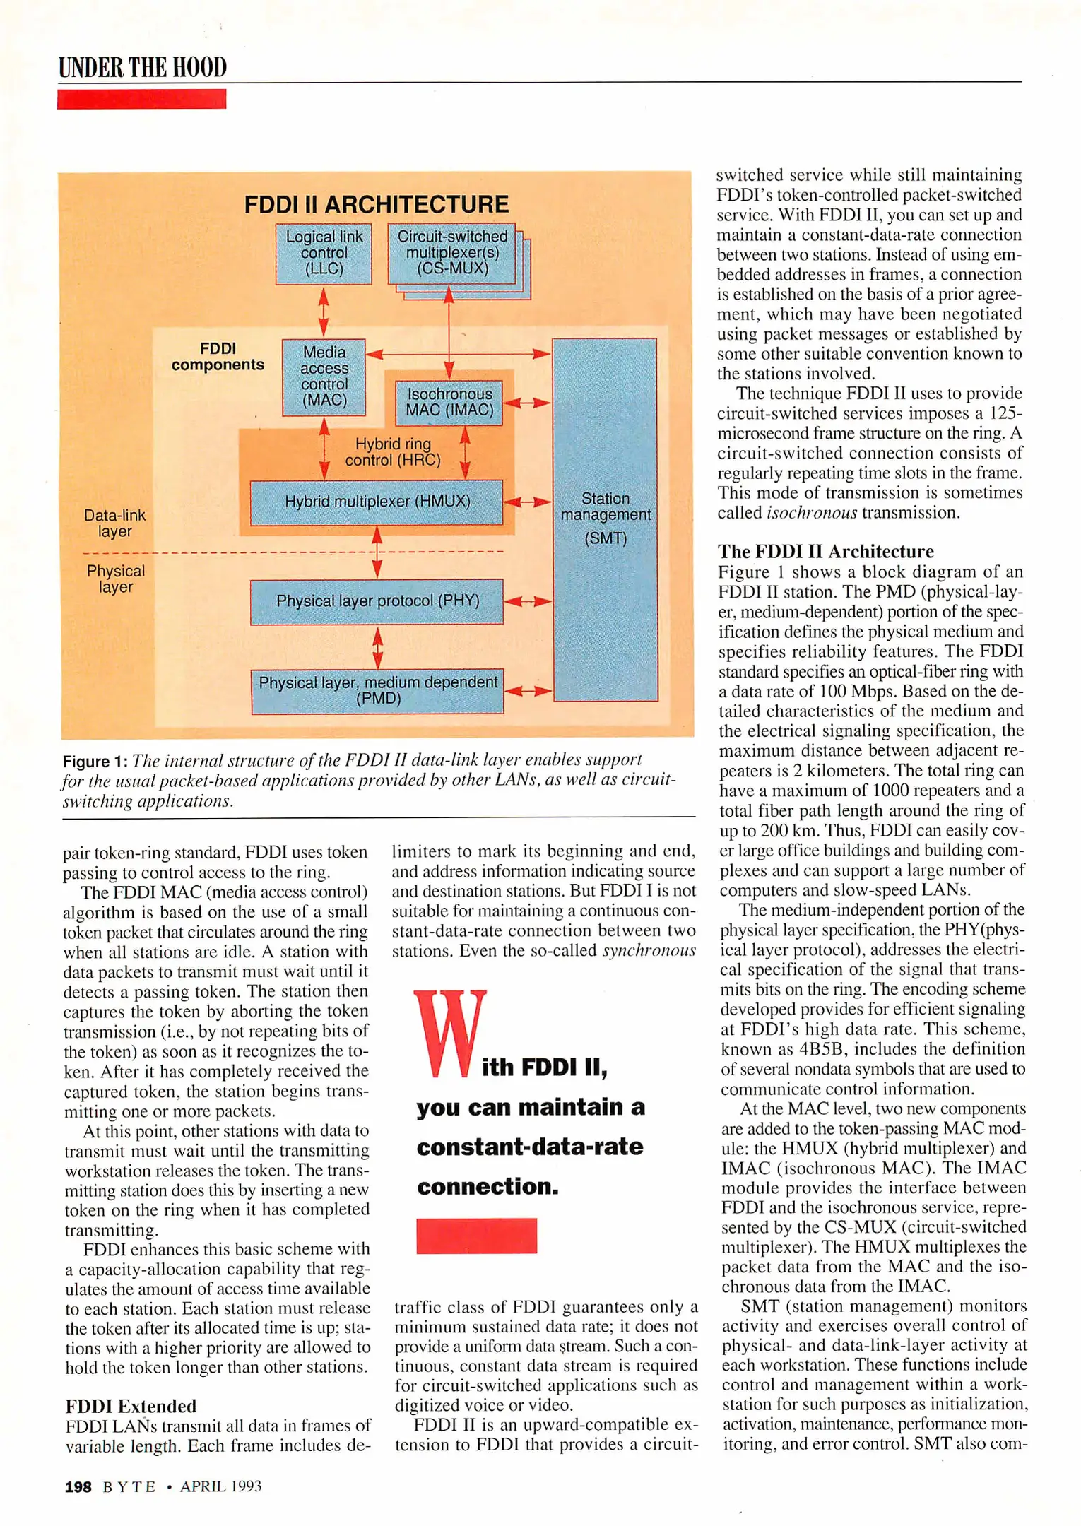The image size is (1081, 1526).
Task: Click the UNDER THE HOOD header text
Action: coord(142,67)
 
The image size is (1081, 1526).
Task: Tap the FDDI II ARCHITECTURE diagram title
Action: coord(376,204)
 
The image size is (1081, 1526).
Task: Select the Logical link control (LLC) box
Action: coord(324,253)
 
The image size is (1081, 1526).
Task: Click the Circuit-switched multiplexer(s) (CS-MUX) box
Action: coord(451,253)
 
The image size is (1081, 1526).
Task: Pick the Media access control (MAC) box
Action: coord(324,376)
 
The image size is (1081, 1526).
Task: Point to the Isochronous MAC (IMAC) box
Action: coord(449,403)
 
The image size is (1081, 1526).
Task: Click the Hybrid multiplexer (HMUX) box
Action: coord(377,502)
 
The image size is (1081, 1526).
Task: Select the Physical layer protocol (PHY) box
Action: coord(377,601)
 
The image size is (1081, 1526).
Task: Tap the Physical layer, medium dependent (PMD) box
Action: coord(377,691)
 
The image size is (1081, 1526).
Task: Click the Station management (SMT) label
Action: coord(606,518)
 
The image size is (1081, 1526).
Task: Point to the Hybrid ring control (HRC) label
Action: coord(393,452)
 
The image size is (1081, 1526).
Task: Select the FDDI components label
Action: coord(218,357)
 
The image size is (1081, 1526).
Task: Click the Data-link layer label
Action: coord(114,523)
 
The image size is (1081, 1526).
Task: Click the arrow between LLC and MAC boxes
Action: coord(324,312)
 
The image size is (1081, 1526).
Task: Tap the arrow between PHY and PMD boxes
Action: coord(377,646)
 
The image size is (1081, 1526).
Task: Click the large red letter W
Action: coord(449,1034)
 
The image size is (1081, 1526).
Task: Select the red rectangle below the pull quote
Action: coord(476,1236)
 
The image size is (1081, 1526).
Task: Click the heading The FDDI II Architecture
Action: coord(825,551)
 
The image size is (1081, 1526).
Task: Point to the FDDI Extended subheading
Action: coord(131,1405)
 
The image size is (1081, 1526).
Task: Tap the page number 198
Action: coord(78,1486)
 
